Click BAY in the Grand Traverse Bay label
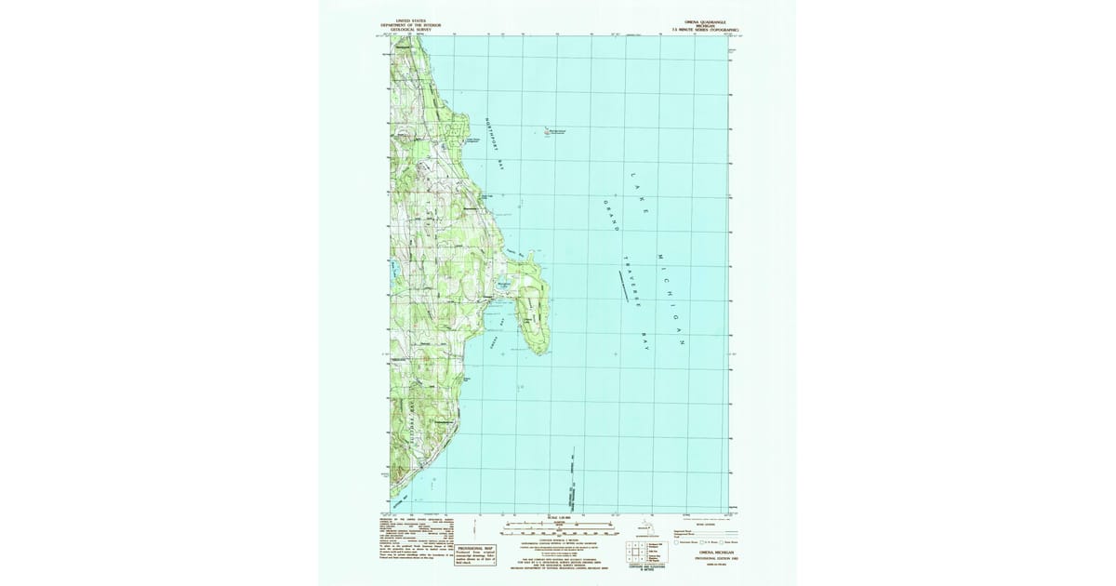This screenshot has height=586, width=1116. (647, 340)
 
